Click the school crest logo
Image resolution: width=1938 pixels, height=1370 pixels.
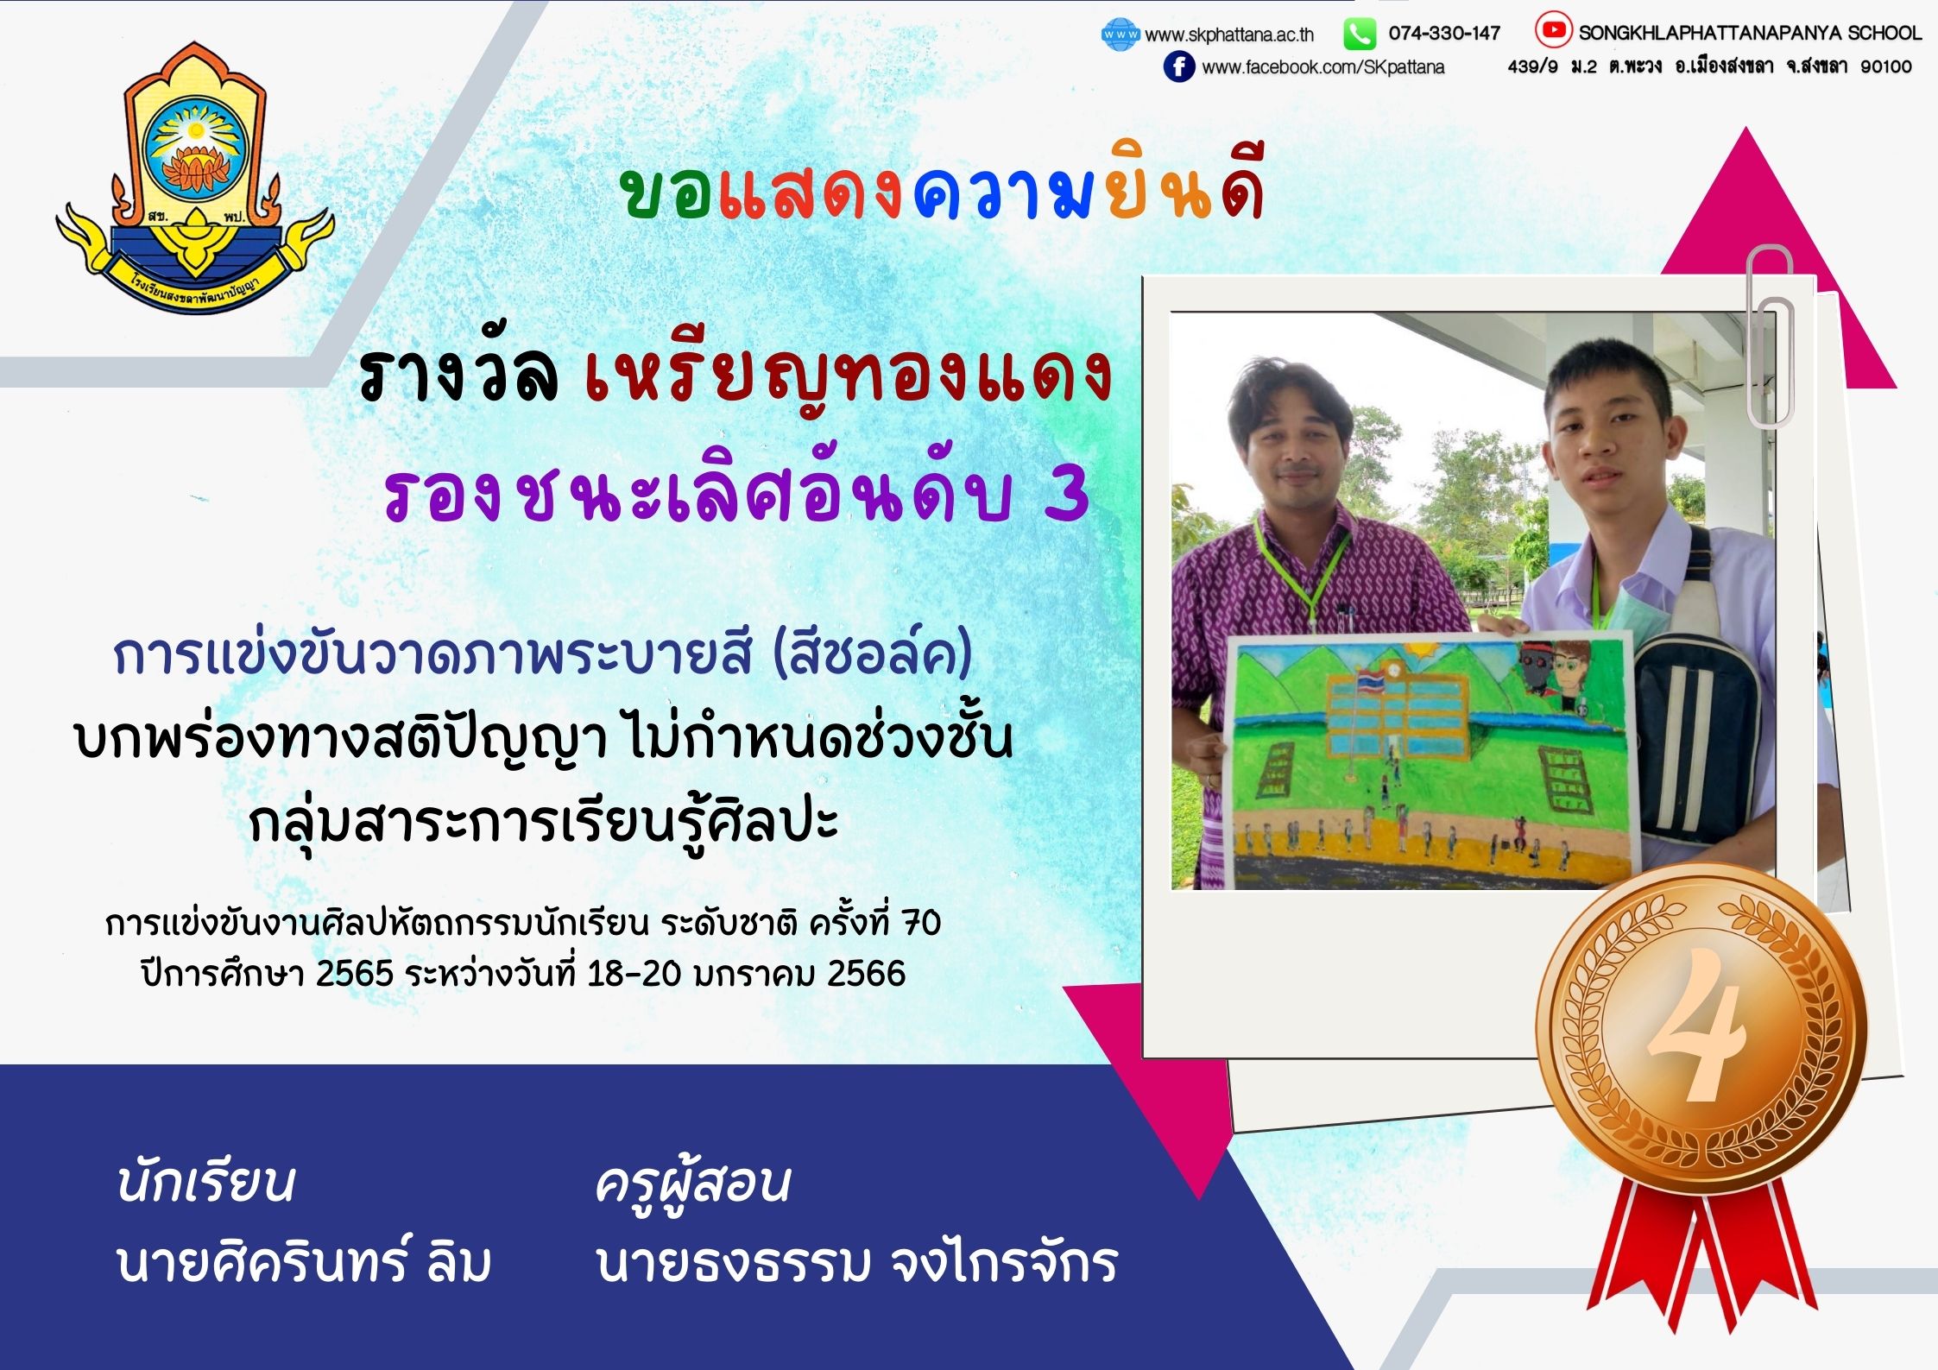coord(195,177)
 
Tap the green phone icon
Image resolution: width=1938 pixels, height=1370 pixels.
coord(1359,35)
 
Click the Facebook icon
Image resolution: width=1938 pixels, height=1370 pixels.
coord(1178,66)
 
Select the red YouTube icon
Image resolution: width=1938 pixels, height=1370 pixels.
coord(1552,31)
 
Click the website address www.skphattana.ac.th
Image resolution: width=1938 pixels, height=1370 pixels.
coord(1228,35)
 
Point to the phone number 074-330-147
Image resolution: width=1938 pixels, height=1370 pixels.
coord(1444,34)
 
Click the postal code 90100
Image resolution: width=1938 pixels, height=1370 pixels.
coord(1886,66)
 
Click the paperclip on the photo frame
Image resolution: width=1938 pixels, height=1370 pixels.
coord(1771,337)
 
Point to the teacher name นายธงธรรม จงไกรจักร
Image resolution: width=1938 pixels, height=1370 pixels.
coord(857,1261)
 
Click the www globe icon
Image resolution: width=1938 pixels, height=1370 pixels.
coord(1121,35)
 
